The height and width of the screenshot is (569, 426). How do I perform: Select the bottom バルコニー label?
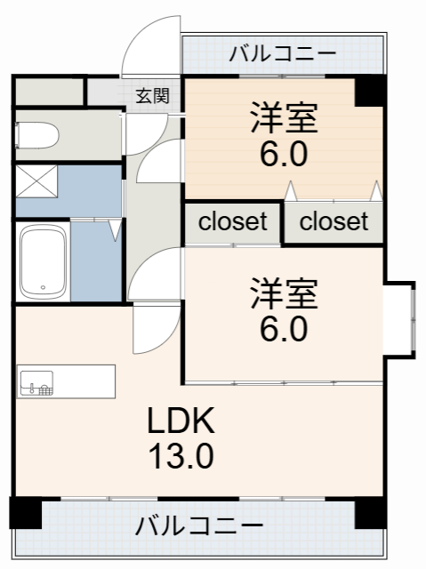tap(199, 525)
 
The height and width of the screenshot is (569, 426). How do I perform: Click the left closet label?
tap(232, 222)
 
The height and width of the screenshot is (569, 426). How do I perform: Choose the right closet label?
tap(334, 222)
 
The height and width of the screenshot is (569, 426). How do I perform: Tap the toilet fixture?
tap(37, 136)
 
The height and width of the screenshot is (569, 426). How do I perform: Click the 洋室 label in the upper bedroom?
tap(285, 118)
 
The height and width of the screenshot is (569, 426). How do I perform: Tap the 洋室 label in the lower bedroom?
tap(285, 293)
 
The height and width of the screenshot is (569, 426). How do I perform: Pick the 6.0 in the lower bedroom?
tap(285, 329)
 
